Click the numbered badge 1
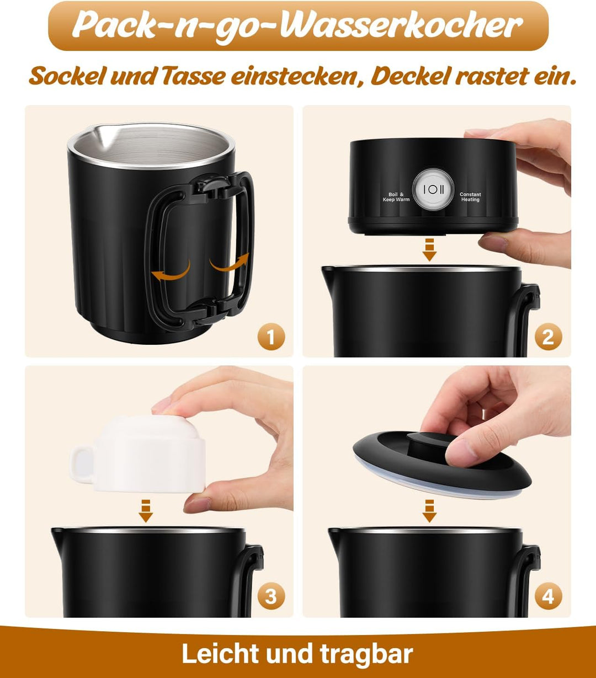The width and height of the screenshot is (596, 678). tap(271, 337)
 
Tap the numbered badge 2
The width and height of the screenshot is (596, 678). tap(548, 337)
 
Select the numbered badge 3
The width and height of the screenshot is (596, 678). tap(271, 596)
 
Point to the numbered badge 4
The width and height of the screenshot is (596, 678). tap(548, 596)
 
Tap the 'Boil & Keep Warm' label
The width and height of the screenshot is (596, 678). tap(396, 197)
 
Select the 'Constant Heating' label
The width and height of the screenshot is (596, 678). tap(470, 197)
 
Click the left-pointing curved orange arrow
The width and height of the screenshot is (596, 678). tap(172, 271)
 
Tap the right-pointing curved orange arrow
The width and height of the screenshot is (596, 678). tap(229, 263)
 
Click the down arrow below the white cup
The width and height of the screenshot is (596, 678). tap(146, 510)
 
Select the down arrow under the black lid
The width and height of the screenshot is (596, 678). tap(429, 510)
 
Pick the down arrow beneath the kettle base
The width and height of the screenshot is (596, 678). tap(429, 249)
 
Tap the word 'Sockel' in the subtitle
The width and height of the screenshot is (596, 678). tap(66, 76)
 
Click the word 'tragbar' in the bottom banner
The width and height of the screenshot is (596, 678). tap(366, 654)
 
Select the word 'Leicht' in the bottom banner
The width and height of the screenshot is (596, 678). tap(220, 654)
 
